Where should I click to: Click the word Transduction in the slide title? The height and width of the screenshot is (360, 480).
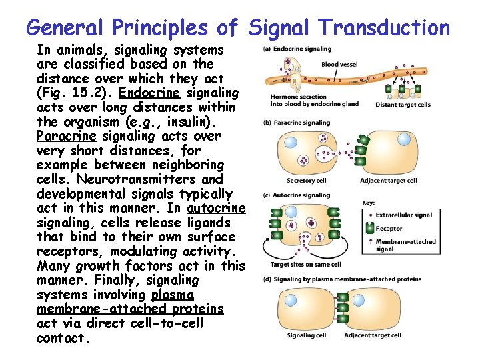coord(384,27)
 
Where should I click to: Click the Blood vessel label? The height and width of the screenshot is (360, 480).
coord(339,65)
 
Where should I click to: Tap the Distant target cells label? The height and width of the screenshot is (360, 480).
coord(403,104)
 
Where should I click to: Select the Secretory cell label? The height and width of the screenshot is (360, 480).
coord(305,181)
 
